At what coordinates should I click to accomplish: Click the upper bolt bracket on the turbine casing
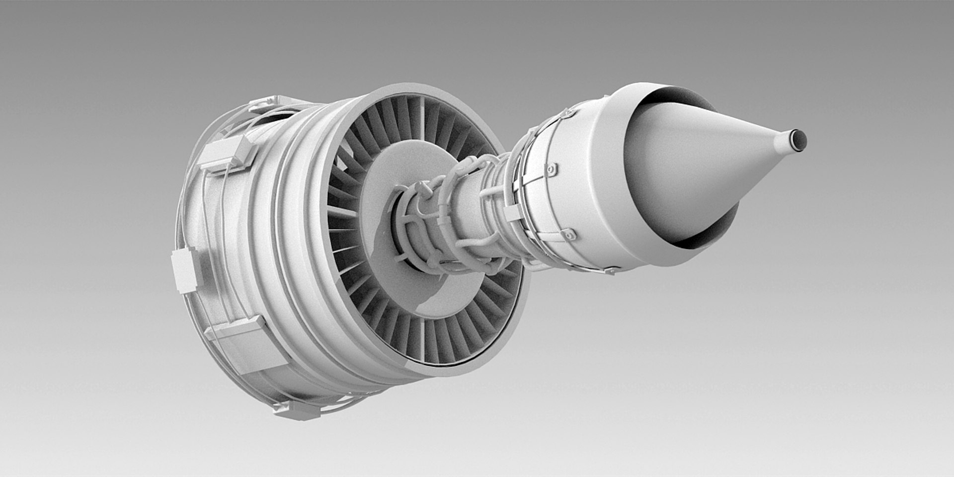(x=551, y=169)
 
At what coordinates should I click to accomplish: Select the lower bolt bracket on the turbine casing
(x=568, y=235)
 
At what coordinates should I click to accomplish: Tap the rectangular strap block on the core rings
(x=512, y=213)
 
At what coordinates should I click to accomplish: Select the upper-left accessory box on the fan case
(x=226, y=154)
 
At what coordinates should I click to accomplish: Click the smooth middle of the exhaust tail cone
(x=696, y=164)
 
